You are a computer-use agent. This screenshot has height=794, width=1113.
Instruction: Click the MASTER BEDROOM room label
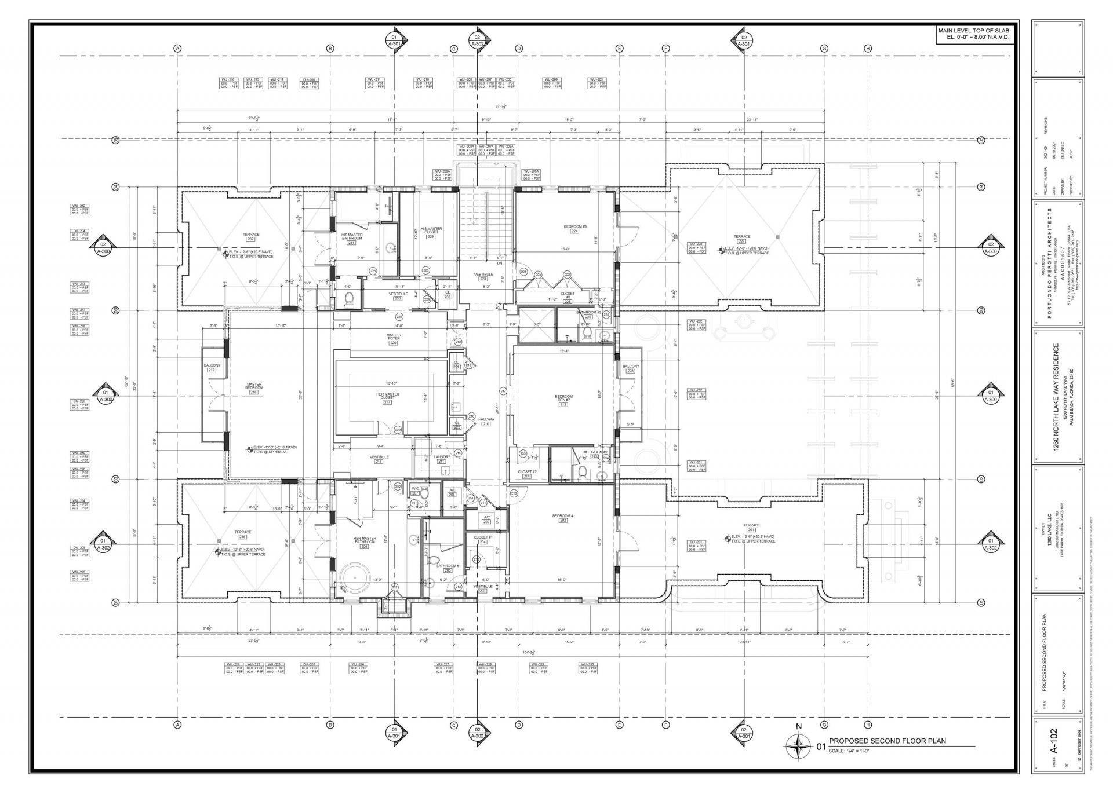pyautogui.click(x=253, y=386)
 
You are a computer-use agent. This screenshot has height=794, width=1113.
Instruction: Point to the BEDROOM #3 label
pyautogui.click(x=575, y=227)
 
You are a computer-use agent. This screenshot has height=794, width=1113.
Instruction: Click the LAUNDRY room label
pyautogui.click(x=442, y=458)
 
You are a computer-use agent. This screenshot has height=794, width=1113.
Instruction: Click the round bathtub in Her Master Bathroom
pyautogui.click(x=352, y=576)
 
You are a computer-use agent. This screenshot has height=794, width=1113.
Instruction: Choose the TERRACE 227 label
pyautogui.click(x=741, y=237)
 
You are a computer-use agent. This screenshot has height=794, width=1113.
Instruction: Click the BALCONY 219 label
pyautogui.click(x=212, y=367)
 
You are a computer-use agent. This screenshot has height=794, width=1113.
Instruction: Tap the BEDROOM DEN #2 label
pyautogui.click(x=563, y=398)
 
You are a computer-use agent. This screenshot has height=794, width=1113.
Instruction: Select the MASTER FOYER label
pyautogui.click(x=394, y=337)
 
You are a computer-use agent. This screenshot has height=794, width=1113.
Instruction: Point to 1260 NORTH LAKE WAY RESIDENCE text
pyautogui.click(x=1056, y=396)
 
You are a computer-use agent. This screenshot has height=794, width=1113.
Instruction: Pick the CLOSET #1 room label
pyautogui.click(x=483, y=538)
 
